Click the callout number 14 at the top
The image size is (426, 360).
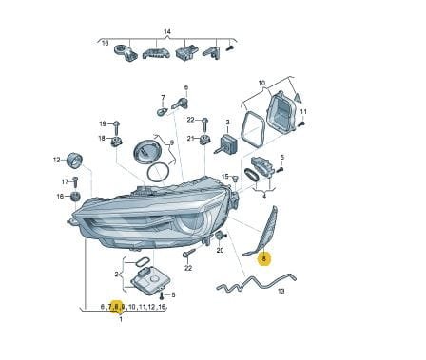point(167,31)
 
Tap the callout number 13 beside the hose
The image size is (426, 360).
point(281,291)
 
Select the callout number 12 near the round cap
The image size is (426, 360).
point(56,161)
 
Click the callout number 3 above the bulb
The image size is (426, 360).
point(227,122)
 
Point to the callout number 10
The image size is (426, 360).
point(261,84)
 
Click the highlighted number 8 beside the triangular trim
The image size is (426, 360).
point(264,259)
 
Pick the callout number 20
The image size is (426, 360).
point(220,250)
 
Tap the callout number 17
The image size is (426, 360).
point(65,182)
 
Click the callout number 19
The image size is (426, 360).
point(103,123)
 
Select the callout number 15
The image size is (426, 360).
point(224,177)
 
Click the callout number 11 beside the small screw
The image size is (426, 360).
point(303,112)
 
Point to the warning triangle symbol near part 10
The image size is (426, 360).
point(298,97)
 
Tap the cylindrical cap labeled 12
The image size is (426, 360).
point(75,161)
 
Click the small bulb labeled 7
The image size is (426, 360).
point(162,112)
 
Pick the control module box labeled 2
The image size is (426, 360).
point(147,280)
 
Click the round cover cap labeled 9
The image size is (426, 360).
point(148,152)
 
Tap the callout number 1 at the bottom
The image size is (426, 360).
point(121,319)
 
